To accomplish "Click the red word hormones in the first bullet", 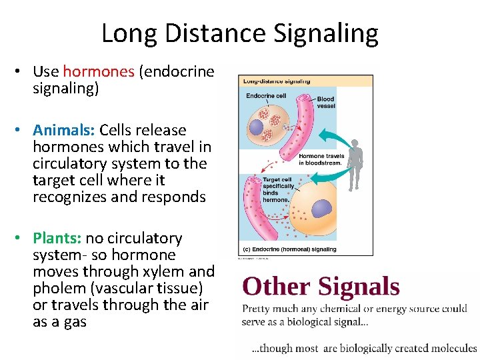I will click(99, 71).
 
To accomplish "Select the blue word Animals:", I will click(64, 130).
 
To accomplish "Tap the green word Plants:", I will click(58, 238).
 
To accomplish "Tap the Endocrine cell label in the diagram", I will click(266, 96).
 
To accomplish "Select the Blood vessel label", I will click(325, 102).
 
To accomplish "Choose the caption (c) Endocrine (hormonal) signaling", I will click(290, 249).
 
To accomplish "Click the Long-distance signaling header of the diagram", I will click(277, 81).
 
